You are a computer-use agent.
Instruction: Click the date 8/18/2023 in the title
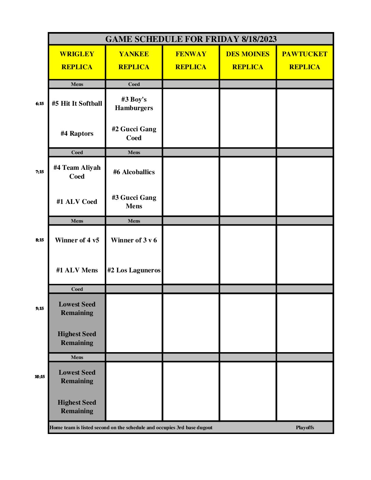[x=259, y=39]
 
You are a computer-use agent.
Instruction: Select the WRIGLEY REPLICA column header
[x=77, y=61]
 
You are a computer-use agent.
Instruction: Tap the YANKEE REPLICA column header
[x=134, y=61]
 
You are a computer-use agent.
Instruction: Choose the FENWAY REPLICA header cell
[x=191, y=61]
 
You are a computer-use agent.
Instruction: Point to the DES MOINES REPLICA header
[x=248, y=61]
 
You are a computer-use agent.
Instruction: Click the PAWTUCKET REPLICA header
[x=305, y=61]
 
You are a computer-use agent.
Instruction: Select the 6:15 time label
[x=40, y=104]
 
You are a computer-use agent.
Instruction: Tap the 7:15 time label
[x=40, y=172]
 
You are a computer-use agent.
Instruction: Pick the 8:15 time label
[x=40, y=240]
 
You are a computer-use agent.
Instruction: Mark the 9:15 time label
[x=40, y=309]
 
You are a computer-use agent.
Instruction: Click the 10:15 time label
[x=40, y=377]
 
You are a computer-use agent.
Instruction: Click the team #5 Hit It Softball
[x=77, y=104]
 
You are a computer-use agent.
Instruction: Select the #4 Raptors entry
[x=77, y=134]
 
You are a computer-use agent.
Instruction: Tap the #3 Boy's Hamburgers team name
[x=134, y=104]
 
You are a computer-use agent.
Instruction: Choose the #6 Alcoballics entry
[x=134, y=172]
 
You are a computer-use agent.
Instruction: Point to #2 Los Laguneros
[x=134, y=270]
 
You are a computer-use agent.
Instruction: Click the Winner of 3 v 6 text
[x=134, y=240]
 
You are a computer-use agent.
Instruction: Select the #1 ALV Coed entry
[x=77, y=202]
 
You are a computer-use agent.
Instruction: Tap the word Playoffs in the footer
[x=305, y=427]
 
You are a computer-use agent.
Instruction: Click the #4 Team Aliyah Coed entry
[x=77, y=172]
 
